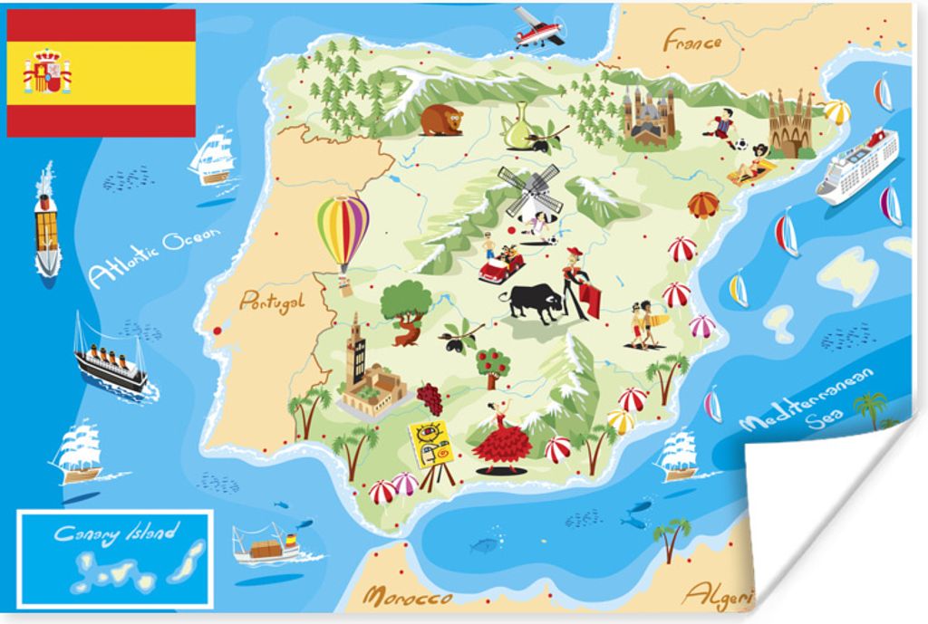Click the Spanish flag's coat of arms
[x=47, y=72]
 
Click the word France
[x=691, y=41]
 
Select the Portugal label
[x=271, y=302]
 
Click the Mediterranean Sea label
[x=807, y=399]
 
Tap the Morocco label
[x=407, y=598]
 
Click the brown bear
[x=441, y=120]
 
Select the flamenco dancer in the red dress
[x=501, y=440]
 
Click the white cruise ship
[x=857, y=165]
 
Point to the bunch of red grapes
[x=430, y=398]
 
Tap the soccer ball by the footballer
[x=740, y=143]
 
